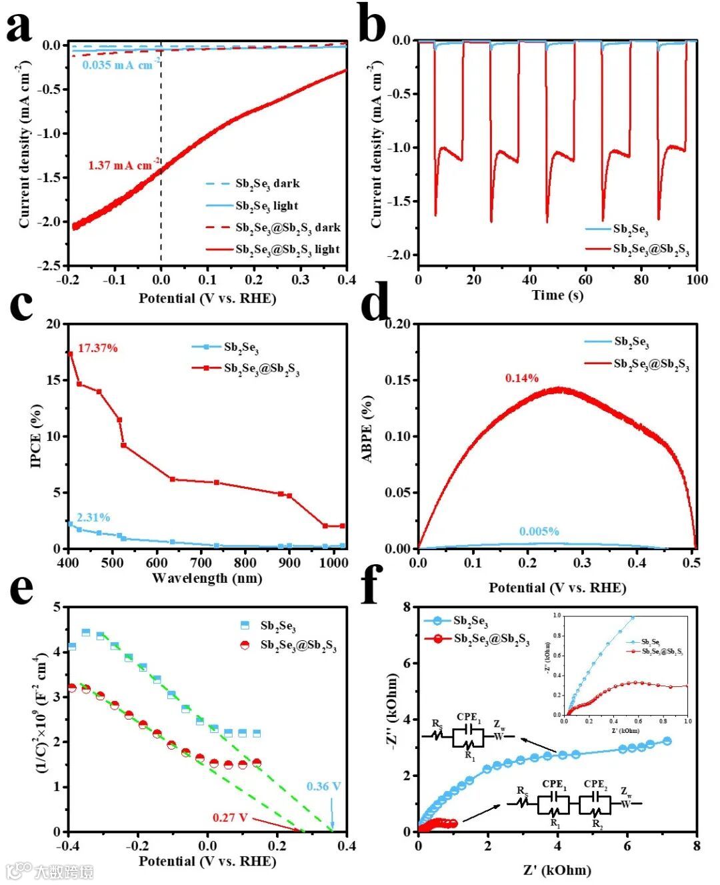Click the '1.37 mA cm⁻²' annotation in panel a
[x=123, y=165]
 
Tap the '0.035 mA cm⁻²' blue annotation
[x=121, y=65]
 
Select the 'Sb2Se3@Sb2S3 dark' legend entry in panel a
[x=287, y=227]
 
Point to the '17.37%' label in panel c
[x=97, y=347]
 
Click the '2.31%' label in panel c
[x=93, y=517]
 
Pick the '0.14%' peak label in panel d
[x=521, y=378]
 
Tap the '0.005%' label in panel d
[x=539, y=532]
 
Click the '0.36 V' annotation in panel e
[x=323, y=786]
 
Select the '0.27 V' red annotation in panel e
[x=230, y=817]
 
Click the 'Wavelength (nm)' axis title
[x=207, y=578]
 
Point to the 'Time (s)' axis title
[x=557, y=295]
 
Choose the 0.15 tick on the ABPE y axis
[x=398, y=380]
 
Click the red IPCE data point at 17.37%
[x=69, y=353]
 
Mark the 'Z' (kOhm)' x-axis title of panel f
[x=557, y=870]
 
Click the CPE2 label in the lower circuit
[x=595, y=784]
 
